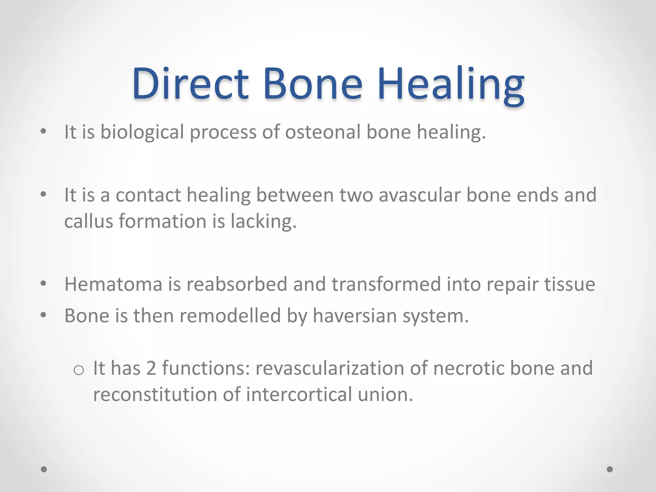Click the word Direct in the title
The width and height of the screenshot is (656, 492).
[190, 84]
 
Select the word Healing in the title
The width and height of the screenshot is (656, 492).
[451, 85]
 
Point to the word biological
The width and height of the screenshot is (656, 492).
[142, 133]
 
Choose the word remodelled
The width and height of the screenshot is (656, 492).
[230, 316]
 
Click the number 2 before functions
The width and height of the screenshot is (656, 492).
[151, 368]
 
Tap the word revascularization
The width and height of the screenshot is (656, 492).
[330, 368]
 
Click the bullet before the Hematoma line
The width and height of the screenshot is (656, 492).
[44, 283]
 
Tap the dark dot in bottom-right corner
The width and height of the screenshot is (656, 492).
[610, 469]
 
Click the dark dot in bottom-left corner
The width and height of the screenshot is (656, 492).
[44, 469]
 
